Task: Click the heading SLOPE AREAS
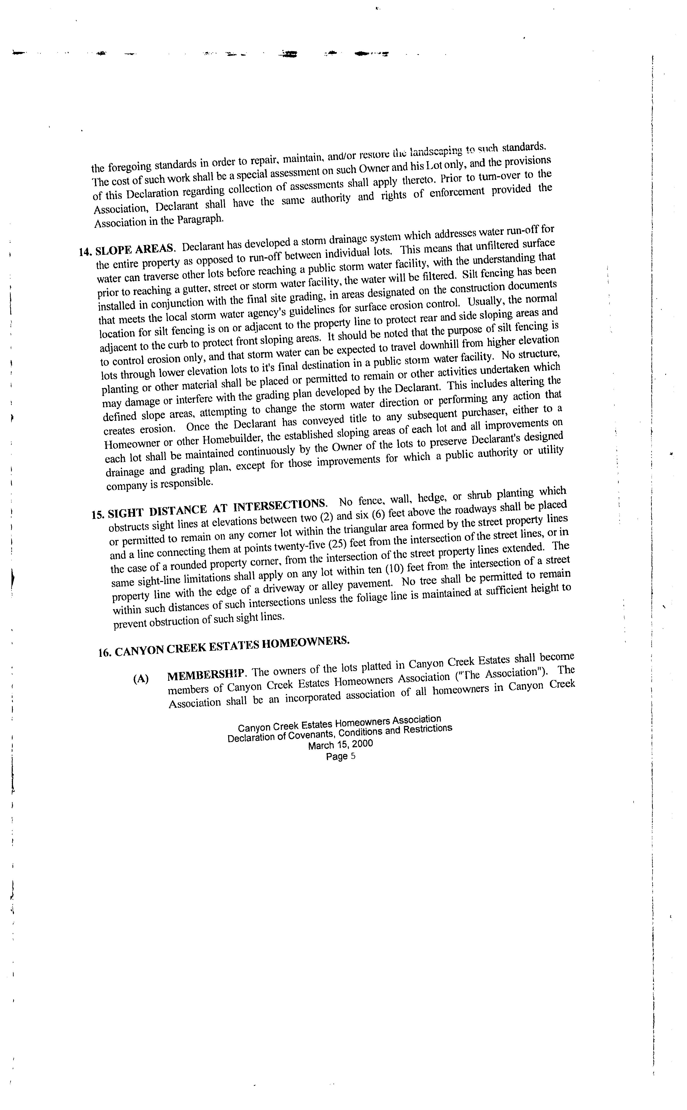tap(135, 249)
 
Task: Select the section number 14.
tap(85, 252)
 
